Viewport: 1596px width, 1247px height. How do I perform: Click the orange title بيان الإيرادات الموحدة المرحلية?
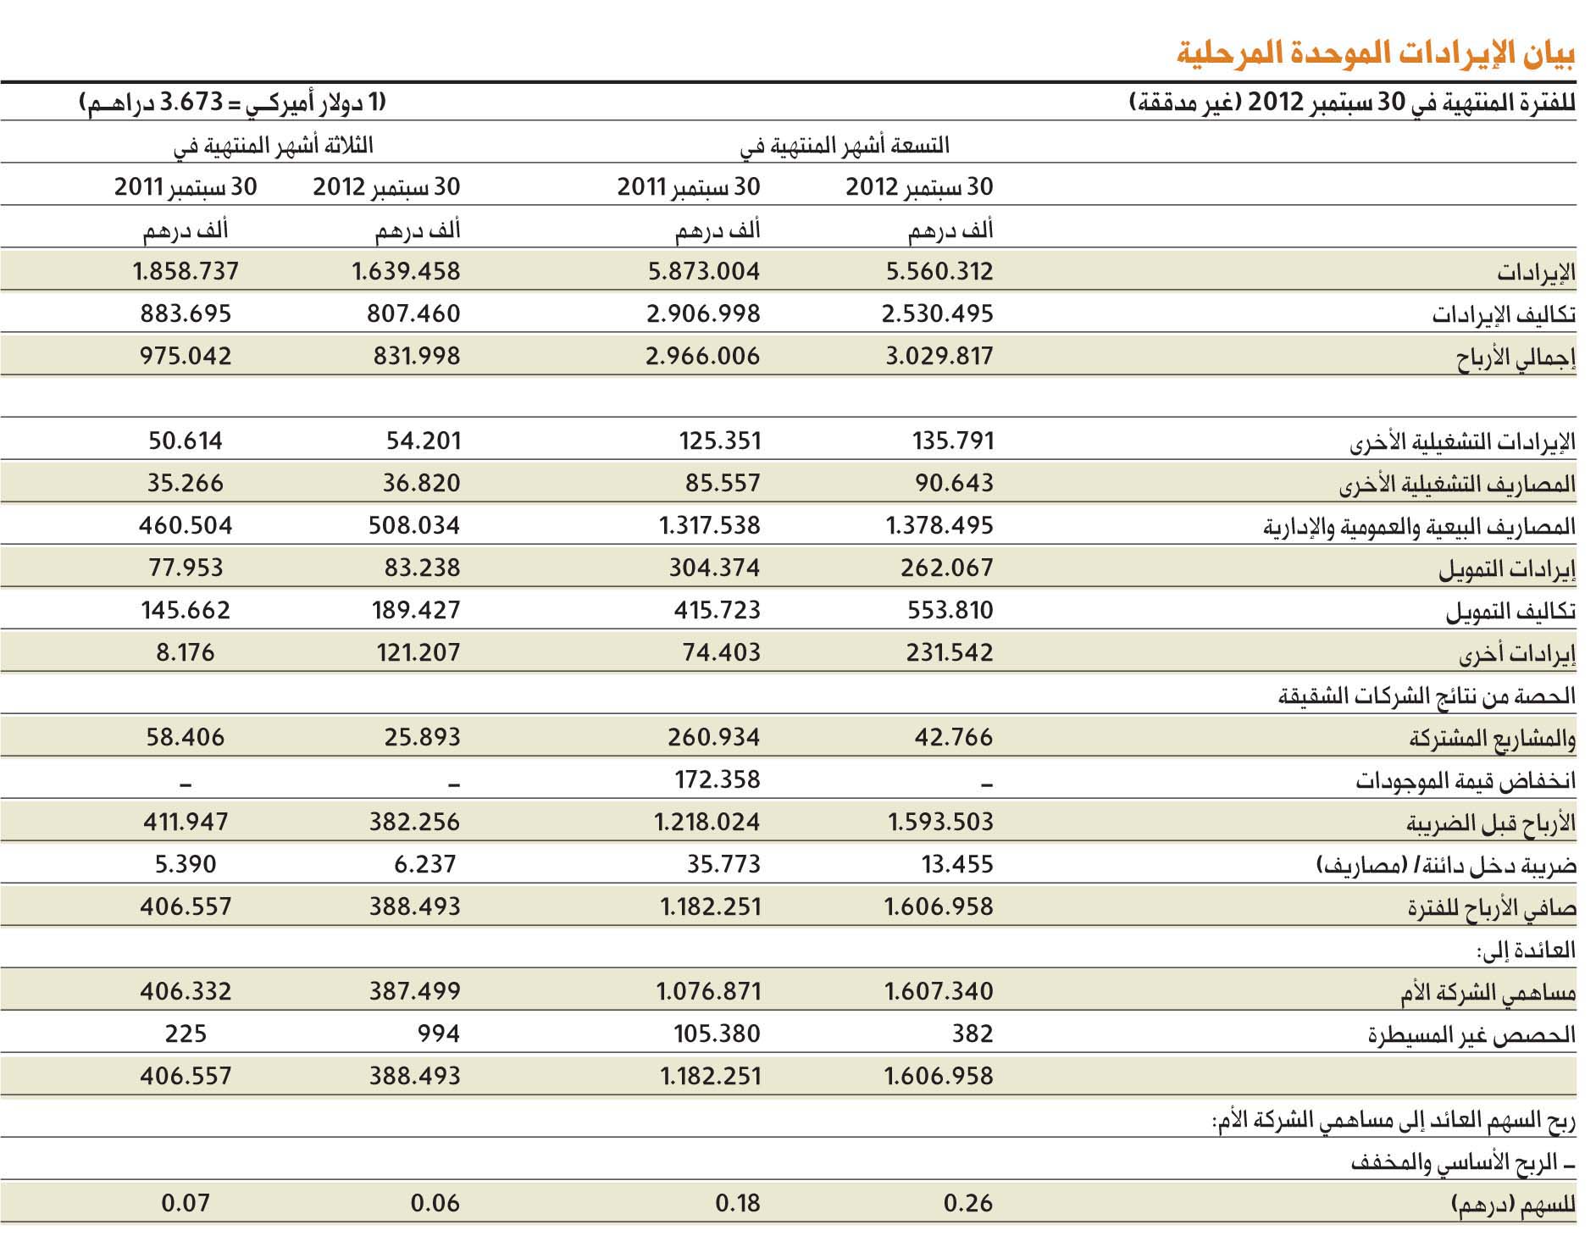1376,53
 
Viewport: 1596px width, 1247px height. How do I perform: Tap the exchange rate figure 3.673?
191,103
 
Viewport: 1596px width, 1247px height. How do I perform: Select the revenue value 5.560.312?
939,271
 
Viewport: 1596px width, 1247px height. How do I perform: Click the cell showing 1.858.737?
186,271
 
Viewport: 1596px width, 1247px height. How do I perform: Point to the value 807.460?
413,313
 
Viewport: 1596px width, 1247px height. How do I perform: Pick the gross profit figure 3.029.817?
939,356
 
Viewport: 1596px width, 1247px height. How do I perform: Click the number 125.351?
720,441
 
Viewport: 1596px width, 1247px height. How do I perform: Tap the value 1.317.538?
710,525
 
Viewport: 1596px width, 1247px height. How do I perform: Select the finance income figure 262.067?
947,568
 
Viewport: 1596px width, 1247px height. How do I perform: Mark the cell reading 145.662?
186,610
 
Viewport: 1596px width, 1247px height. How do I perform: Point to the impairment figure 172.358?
718,779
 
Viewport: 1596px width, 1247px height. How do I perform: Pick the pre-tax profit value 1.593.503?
940,822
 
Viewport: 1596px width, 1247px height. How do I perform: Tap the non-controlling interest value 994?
439,1034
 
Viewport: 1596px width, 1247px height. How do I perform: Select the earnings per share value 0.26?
968,1203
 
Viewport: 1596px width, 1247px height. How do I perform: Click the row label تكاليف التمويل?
1510,612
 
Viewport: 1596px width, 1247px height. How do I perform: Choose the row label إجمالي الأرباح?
1516,357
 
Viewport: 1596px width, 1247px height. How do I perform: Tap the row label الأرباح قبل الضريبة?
1491,823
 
